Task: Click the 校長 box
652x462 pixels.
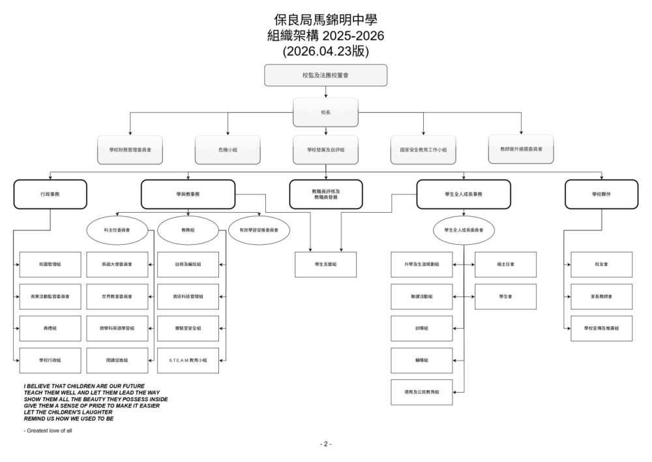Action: (x=325, y=112)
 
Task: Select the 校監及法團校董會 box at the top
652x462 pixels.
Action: (x=325, y=76)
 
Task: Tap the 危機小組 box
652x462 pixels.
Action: (x=228, y=149)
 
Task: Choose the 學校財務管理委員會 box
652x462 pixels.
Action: (x=130, y=149)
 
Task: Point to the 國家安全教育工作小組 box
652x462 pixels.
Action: (x=423, y=149)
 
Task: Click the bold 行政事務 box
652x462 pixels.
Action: (x=50, y=194)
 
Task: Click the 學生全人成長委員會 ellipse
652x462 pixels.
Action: (x=464, y=230)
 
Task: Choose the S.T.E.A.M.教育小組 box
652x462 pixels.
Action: (x=188, y=360)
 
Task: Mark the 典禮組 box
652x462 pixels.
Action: (x=50, y=328)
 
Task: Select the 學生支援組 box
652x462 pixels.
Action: (x=325, y=264)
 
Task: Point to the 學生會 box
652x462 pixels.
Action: (x=505, y=296)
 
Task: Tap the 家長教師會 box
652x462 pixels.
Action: (x=601, y=296)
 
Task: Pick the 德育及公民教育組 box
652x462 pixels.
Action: (x=421, y=392)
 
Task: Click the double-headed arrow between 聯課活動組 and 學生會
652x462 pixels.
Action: (x=464, y=296)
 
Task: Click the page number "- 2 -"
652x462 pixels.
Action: (x=325, y=444)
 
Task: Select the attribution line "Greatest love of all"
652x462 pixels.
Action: (x=48, y=431)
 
